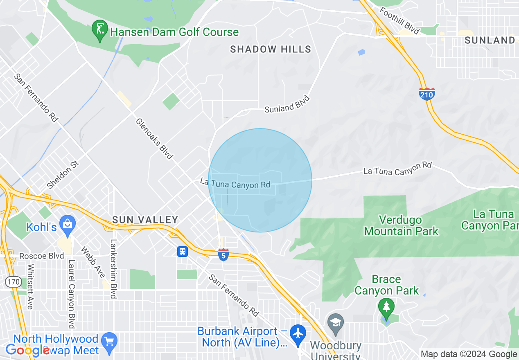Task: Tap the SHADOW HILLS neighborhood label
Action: pyautogui.click(x=271, y=49)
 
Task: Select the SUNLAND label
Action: pyautogui.click(x=490, y=40)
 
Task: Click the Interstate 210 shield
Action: pyautogui.click(x=426, y=94)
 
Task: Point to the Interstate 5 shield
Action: pyautogui.click(x=223, y=254)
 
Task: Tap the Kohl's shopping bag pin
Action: pyautogui.click(x=67, y=224)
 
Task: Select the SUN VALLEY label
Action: pyautogui.click(x=145, y=220)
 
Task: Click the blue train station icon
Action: pyautogui.click(x=183, y=251)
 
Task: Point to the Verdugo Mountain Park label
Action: pyautogui.click(x=401, y=225)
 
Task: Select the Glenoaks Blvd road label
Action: pyautogui.click(x=154, y=139)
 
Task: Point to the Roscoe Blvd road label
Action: pyautogui.click(x=42, y=256)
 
